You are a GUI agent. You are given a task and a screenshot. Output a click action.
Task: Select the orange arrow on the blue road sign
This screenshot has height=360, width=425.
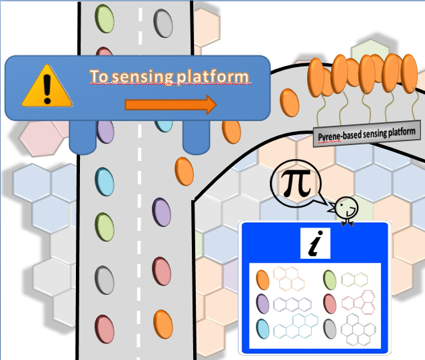171,104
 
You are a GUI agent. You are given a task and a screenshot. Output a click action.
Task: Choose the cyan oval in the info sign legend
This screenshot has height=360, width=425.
263,328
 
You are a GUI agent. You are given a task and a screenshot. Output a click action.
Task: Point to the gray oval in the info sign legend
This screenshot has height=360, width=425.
329,328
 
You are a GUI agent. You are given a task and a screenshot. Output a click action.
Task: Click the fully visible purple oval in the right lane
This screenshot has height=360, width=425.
162,213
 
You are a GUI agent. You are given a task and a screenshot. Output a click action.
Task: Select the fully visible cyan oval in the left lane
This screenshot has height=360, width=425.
104,180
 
